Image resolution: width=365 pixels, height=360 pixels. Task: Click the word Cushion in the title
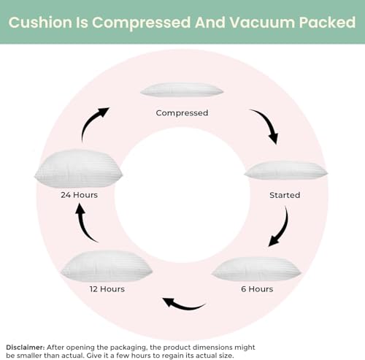pyautogui.click(x=40, y=23)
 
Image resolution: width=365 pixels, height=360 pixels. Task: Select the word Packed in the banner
pyautogui.click(x=327, y=23)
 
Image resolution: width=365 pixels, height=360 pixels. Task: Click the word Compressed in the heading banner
pyautogui.click(x=141, y=23)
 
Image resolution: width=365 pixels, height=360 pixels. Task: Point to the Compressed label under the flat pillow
pyautogui.click(x=182, y=113)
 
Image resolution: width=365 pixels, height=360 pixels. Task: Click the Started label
pyautogui.click(x=285, y=195)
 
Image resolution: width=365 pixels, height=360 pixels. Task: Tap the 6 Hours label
pyautogui.click(x=257, y=289)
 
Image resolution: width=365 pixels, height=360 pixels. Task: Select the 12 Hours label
pyautogui.click(x=107, y=289)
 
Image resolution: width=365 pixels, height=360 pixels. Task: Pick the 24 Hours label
pyautogui.click(x=79, y=195)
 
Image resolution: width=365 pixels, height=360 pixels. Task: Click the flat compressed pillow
pyautogui.click(x=182, y=90)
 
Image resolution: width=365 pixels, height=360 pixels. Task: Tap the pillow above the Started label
pyautogui.click(x=286, y=170)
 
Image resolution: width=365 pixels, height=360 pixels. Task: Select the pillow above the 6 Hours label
pyautogui.click(x=257, y=269)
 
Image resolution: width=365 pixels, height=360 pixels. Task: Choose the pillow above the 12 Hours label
pyautogui.click(x=107, y=267)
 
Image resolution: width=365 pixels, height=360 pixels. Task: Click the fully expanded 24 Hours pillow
pyautogui.click(x=78, y=169)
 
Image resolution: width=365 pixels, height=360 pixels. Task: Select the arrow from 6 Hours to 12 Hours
pyautogui.click(x=184, y=306)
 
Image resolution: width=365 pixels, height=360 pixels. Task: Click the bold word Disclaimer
pyautogui.click(x=26, y=348)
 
